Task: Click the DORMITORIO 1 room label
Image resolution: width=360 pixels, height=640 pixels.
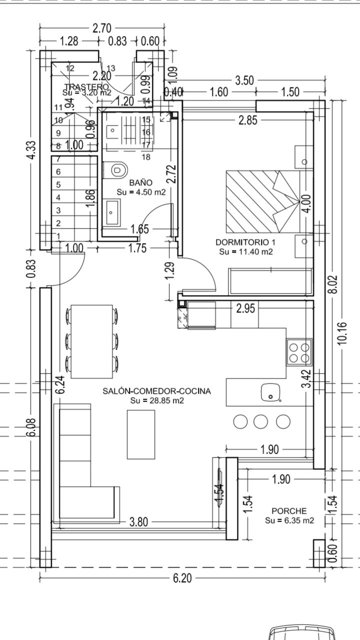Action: [245, 242]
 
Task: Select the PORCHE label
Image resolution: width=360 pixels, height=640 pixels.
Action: [289, 511]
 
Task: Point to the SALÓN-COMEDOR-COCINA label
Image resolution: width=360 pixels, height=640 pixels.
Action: [156, 391]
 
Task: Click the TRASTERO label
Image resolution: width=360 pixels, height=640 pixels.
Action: [86, 86]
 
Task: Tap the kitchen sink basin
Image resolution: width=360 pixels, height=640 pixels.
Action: [270, 392]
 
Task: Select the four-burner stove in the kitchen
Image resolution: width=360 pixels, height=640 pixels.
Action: [299, 351]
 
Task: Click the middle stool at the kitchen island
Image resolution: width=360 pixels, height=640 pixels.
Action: [261, 421]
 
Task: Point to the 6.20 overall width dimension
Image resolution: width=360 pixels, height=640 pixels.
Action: [182, 578]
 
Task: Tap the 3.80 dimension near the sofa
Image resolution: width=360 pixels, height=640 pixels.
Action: [138, 522]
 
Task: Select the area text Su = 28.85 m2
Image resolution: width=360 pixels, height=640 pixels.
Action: [156, 400]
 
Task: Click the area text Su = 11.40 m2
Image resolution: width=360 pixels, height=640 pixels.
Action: [245, 251]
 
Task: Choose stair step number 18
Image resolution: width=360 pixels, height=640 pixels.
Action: [146, 157]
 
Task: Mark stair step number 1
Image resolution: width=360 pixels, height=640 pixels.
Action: [59, 236]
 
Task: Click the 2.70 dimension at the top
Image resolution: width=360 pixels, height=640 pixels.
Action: [102, 28]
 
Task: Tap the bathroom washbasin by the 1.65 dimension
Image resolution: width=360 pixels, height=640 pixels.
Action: [112, 211]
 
